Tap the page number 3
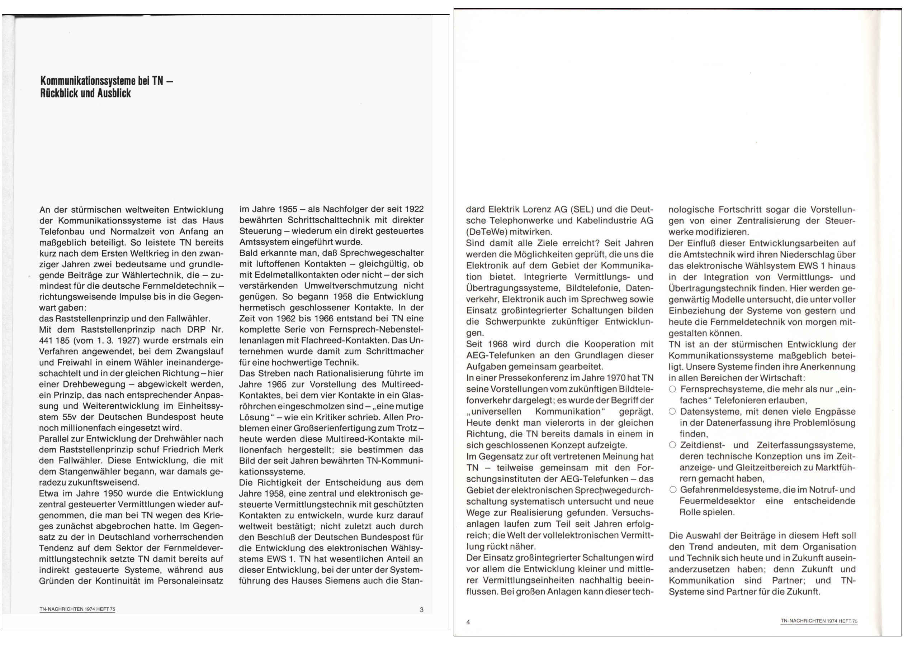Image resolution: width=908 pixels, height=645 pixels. click(422, 610)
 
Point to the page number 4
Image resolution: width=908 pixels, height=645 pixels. click(468, 622)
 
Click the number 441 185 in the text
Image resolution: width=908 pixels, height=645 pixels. click(54, 340)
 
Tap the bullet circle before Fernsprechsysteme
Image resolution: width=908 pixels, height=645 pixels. click(672, 389)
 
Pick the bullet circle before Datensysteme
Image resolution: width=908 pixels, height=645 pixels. click(672, 411)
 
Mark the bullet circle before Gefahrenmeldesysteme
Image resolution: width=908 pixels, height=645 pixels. click(672, 490)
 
